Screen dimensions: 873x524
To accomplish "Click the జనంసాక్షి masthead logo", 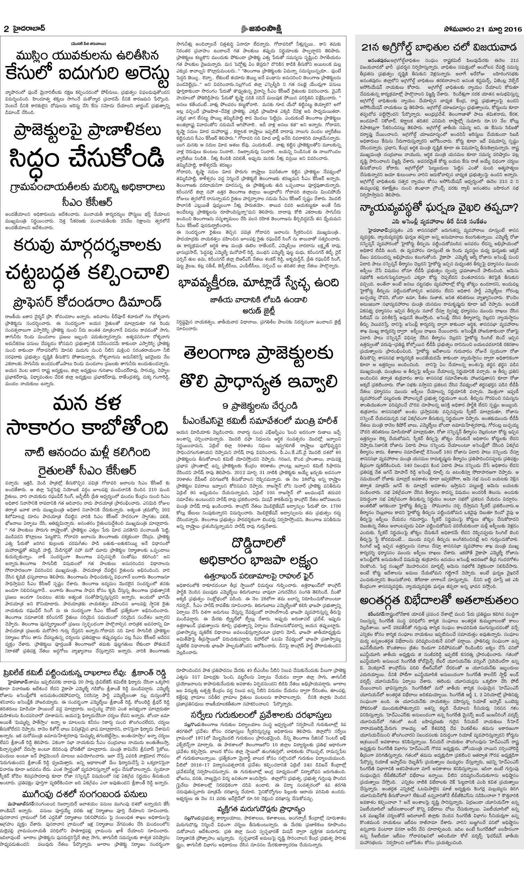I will (262, 28).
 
